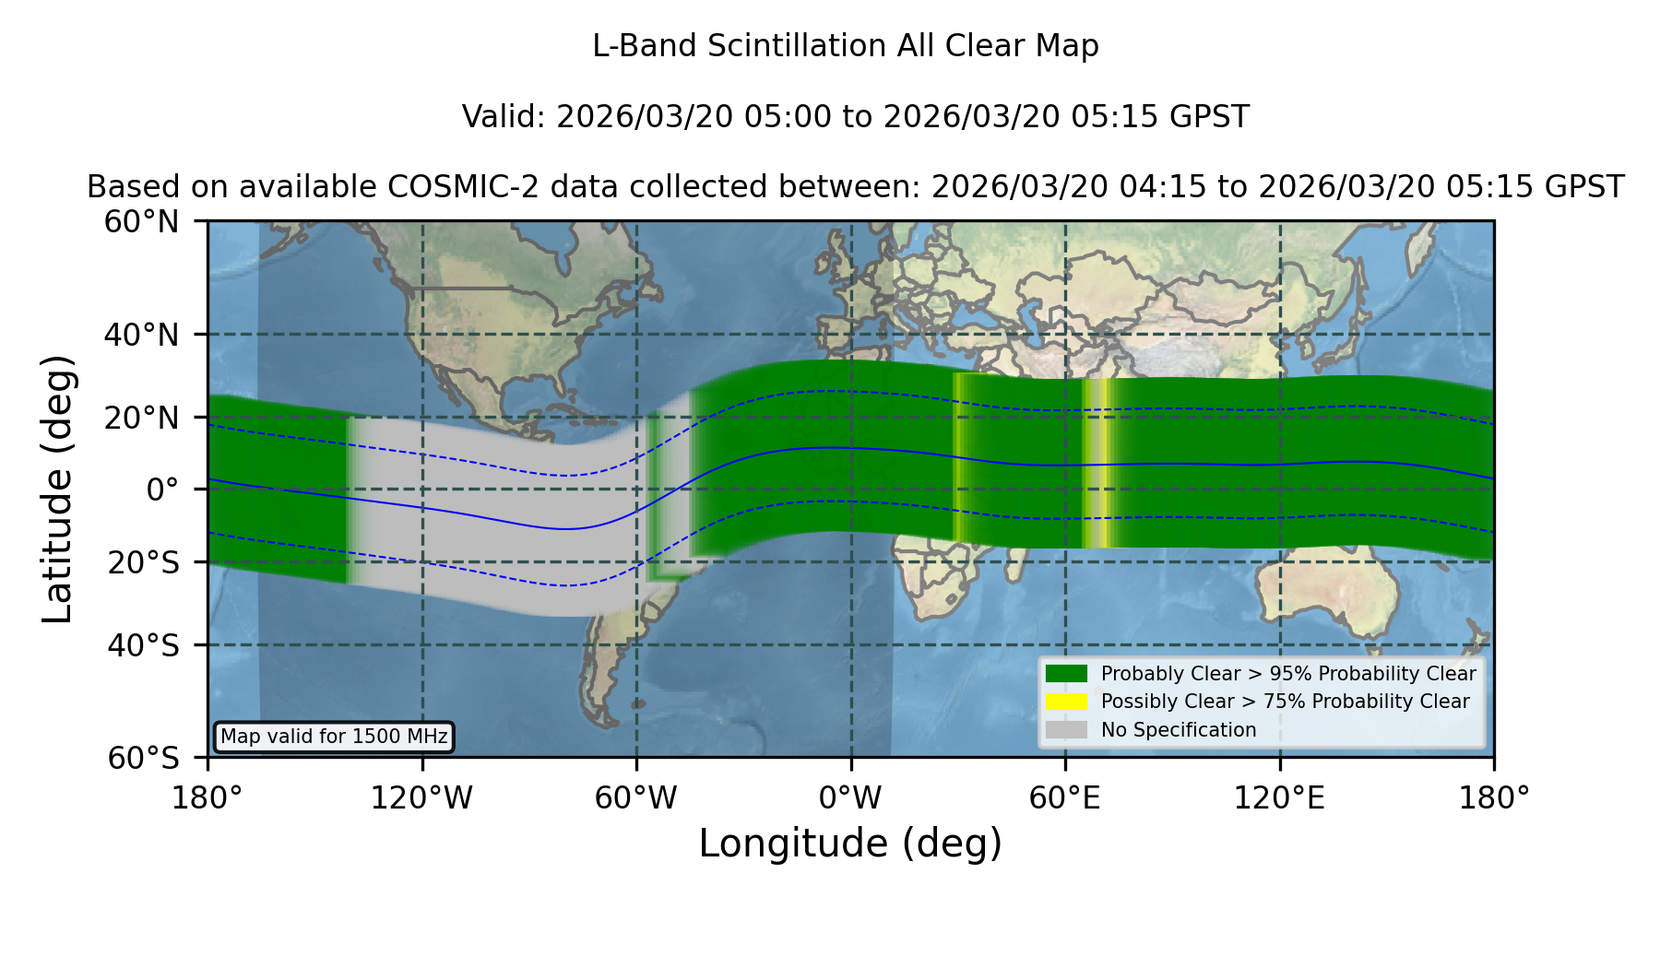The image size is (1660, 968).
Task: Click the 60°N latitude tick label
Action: (x=142, y=222)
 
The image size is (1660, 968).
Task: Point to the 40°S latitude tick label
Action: (x=143, y=645)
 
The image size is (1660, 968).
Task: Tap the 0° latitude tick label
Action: (x=162, y=490)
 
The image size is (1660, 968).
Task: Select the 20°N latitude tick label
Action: (x=142, y=418)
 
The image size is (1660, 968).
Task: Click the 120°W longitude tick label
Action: (x=421, y=797)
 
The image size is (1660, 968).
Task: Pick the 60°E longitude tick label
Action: (x=1065, y=797)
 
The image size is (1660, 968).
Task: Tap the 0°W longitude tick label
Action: (x=850, y=797)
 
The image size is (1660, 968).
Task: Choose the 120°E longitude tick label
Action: (x=1279, y=797)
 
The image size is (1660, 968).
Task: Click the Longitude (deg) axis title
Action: (x=850, y=844)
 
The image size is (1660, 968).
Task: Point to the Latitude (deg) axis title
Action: (x=57, y=489)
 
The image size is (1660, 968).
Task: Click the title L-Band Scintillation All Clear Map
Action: (x=846, y=46)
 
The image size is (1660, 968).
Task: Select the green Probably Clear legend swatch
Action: (x=1067, y=674)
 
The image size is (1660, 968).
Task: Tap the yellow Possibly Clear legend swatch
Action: (x=1067, y=702)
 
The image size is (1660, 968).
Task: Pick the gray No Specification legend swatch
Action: (x=1067, y=730)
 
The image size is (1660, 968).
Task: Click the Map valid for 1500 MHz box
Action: (x=334, y=737)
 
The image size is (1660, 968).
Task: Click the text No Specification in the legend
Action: (x=1179, y=730)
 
